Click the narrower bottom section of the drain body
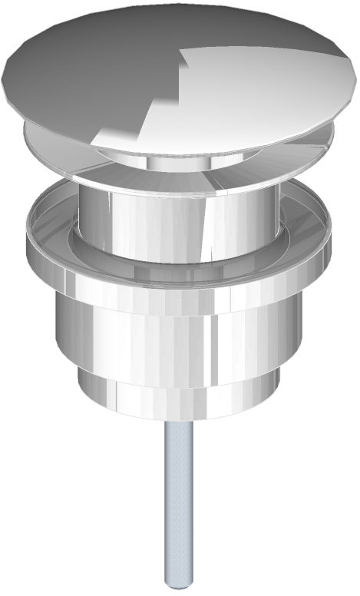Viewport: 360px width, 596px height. [177, 399]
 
